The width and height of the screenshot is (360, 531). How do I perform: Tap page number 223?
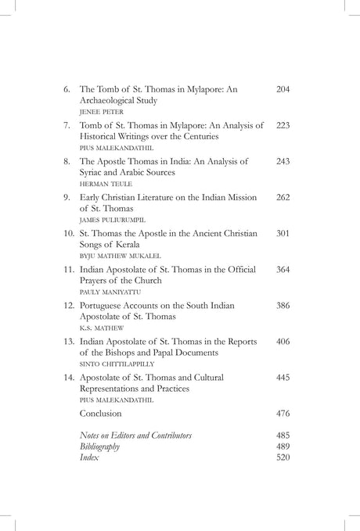tap(283, 125)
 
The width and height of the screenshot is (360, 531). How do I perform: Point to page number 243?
tap(283, 161)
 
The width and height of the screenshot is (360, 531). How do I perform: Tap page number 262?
tap(283, 197)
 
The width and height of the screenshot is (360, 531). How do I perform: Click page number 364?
tap(283, 268)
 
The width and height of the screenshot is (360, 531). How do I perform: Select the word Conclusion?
tap(105, 412)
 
